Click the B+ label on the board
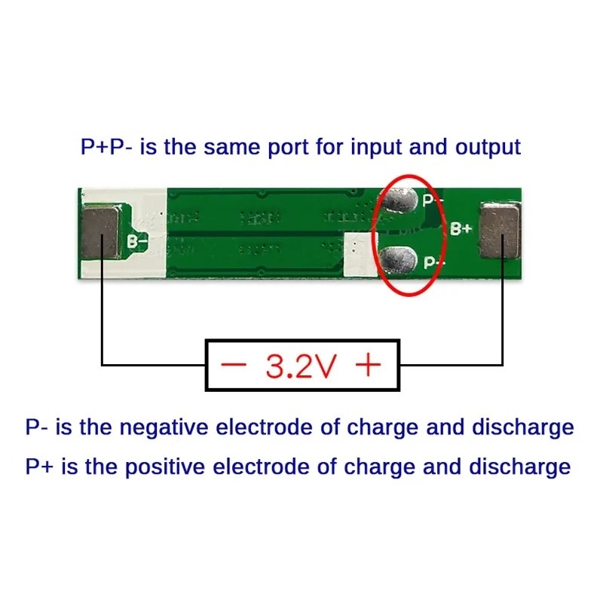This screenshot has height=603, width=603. (x=461, y=228)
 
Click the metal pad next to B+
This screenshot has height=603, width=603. (x=500, y=231)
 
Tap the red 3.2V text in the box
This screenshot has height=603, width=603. (x=301, y=366)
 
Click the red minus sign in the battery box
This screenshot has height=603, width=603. (x=234, y=363)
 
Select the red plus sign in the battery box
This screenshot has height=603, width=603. (x=369, y=364)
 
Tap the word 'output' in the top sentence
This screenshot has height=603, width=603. (x=488, y=148)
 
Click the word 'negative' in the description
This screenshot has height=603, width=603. (x=164, y=427)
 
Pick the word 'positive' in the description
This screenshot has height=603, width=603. (x=165, y=467)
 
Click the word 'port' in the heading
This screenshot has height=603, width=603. (x=288, y=148)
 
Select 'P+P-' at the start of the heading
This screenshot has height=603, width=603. (x=106, y=146)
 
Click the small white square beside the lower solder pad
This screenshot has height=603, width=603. (x=361, y=254)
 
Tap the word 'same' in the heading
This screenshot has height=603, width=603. (x=231, y=147)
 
